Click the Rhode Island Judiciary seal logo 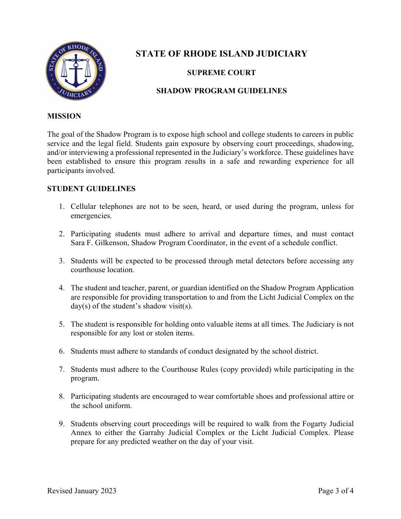[x=76, y=71]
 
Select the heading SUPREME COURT [x=221, y=73]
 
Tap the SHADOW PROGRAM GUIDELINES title [x=221, y=91]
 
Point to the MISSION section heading [x=64, y=116]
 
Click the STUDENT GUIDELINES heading [x=91, y=189]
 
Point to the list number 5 [x=62, y=324]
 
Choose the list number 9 [x=62, y=424]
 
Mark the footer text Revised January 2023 [x=81, y=491]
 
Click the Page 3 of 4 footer [x=336, y=491]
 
